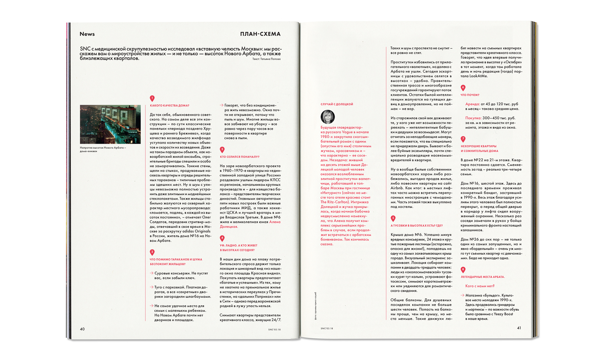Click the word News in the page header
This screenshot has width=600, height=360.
pos(87,34)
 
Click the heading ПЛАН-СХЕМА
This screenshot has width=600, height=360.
pos(260,34)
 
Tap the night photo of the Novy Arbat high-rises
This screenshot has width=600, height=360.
pos(110,124)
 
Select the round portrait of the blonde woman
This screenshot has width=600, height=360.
pos(327,117)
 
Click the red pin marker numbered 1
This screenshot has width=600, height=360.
pos(152,98)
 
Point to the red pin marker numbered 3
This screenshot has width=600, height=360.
pos(222,150)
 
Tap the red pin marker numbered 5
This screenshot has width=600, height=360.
pos(393,218)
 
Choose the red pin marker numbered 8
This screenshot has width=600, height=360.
pos(463,269)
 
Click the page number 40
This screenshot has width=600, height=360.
pos(82,329)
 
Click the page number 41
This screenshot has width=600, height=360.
pos(519,328)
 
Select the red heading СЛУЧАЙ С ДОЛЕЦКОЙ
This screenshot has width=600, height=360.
pos(337,104)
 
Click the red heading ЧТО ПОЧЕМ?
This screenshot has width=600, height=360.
pos(470,95)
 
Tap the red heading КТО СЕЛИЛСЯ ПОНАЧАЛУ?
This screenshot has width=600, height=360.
pos(239,157)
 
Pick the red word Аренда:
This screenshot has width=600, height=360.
pos(472,104)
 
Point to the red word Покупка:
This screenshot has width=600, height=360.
pos(473,118)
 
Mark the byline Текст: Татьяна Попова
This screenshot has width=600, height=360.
pos(266,59)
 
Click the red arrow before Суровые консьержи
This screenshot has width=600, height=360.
pos(152,273)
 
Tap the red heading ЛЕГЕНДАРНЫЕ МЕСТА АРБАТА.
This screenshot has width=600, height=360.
pos(482,277)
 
